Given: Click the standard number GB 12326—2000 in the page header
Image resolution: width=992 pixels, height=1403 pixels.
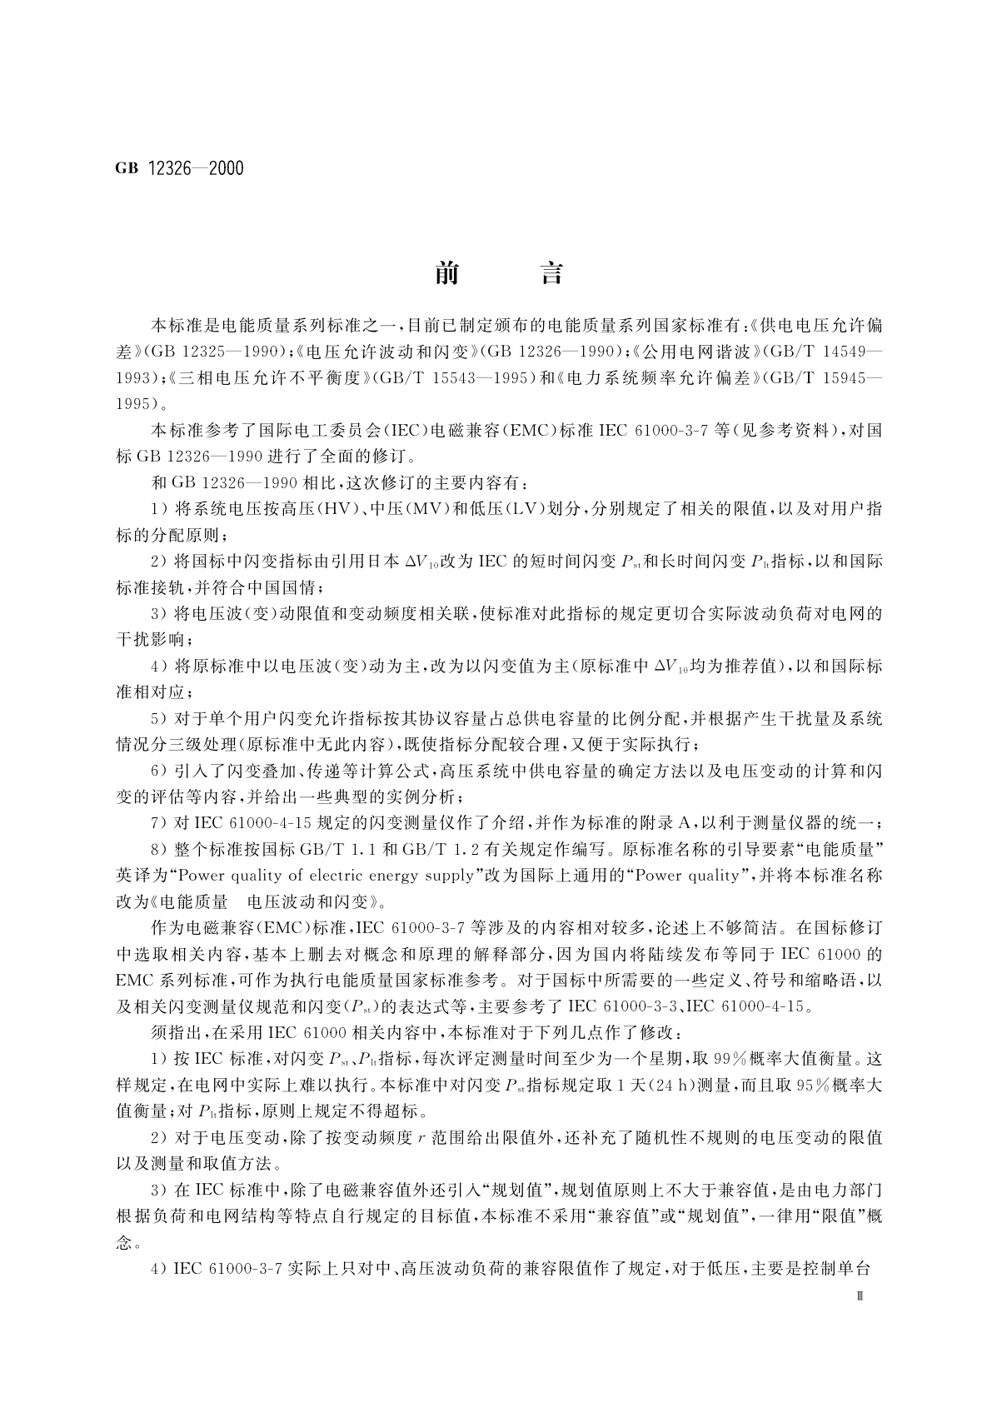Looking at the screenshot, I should [x=180, y=168].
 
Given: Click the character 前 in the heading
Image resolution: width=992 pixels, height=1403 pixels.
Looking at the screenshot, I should [x=447, y=272].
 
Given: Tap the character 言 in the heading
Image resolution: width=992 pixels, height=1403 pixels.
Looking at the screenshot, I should [x=551, y=272].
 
